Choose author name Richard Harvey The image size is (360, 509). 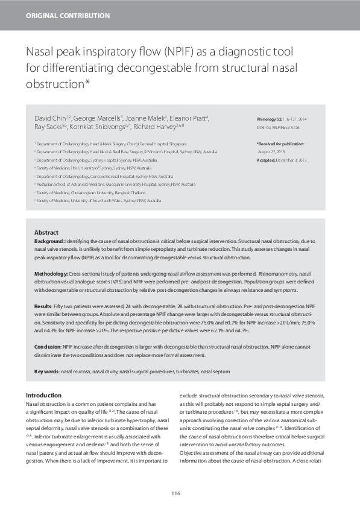(156, 128)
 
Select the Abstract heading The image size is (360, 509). (46, 232)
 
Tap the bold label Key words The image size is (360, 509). (46, 371)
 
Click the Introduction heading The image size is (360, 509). (44, 395)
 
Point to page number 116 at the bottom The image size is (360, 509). (175, 493)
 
